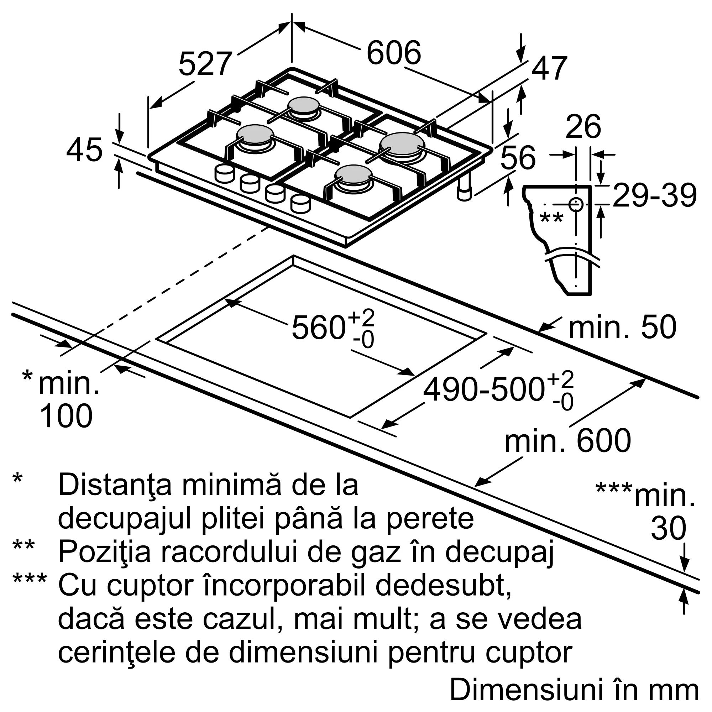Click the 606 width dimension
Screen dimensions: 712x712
393,53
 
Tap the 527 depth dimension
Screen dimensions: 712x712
205,64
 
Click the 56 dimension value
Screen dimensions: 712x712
518,158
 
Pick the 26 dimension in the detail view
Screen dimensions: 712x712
583,127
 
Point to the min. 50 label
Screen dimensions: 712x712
622,327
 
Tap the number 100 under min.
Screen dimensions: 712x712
66,416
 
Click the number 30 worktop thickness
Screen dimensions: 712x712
668,528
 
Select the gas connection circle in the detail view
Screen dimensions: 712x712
575,204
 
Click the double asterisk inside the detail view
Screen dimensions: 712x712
551,218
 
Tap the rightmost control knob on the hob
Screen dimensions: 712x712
300,203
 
